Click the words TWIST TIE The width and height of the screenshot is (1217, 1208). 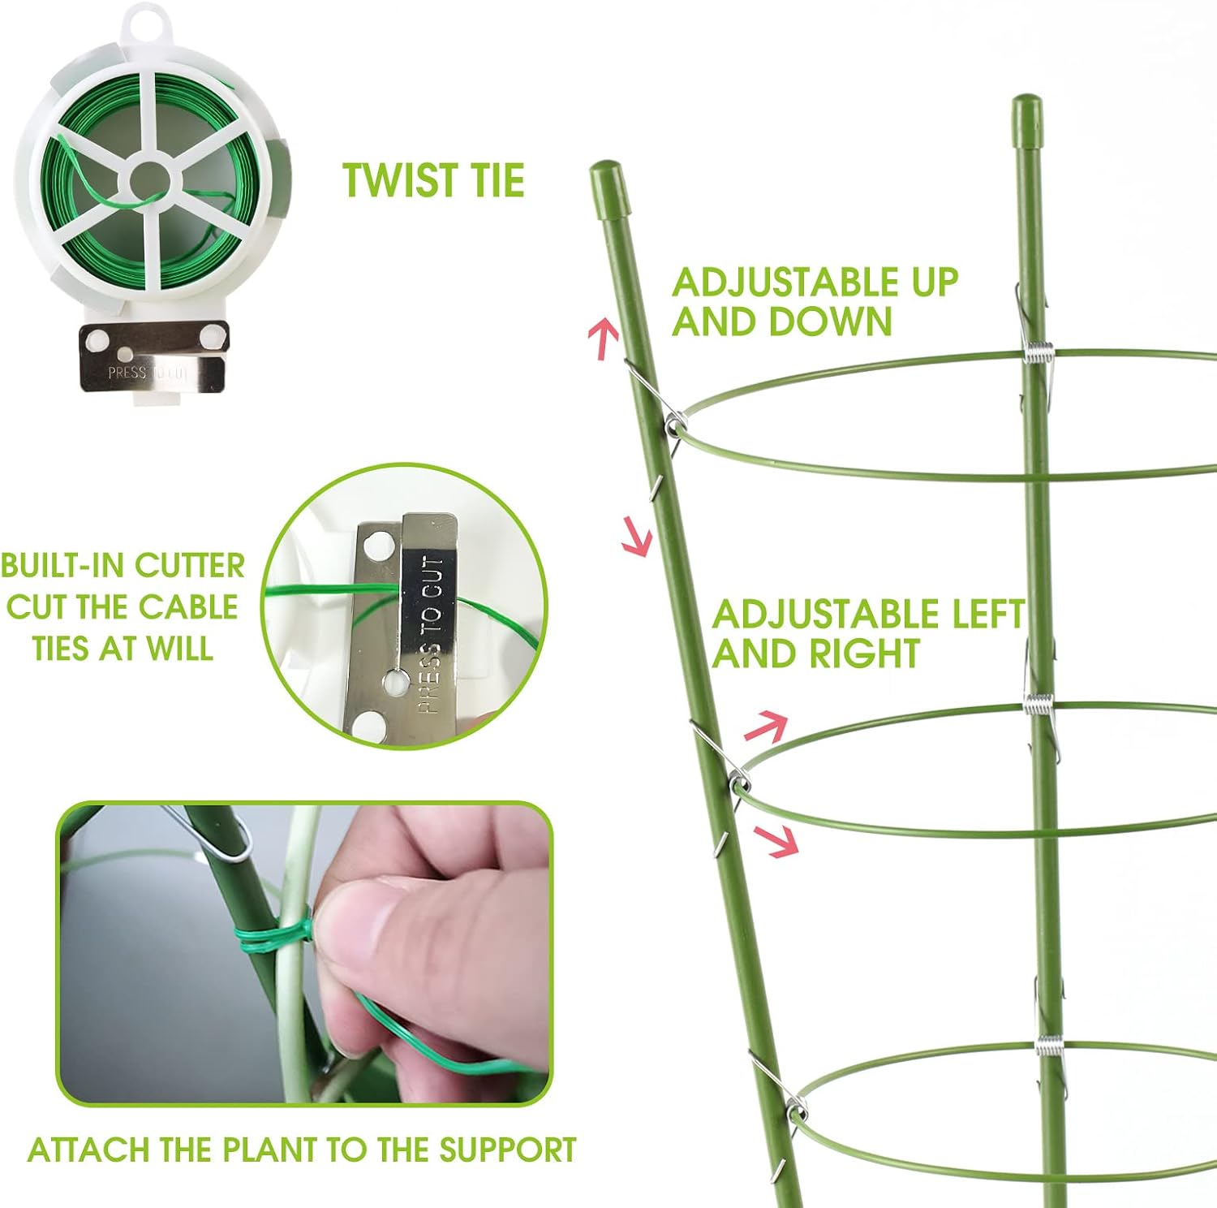pyautogui.click(x=433, y=180)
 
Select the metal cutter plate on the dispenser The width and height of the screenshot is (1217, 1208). pyautogui.click(x=153, y=357)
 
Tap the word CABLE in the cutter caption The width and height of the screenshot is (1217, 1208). pyautogui.click(x=187, y=607)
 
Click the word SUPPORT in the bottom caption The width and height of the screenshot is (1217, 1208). pyautogui.click(x=507, y=1150)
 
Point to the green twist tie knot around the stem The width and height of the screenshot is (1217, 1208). pyautogui.click(x=273, y=940)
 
